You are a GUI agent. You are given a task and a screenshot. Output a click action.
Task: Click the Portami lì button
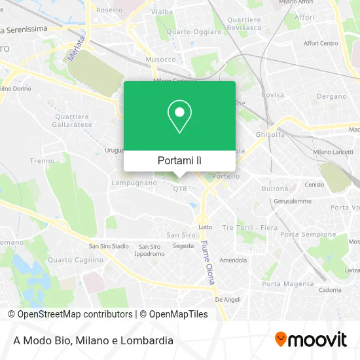click(x=179, y=160)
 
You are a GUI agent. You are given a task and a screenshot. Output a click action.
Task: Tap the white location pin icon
click(x=179, y=116)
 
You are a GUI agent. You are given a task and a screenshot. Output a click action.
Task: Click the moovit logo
click(x=310, y=340)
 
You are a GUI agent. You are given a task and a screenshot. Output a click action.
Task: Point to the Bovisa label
click(x=272, y=95)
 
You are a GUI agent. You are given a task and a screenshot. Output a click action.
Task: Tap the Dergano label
click(x=331, y=96)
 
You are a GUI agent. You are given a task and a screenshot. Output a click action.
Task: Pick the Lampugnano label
click(x=134, y=183)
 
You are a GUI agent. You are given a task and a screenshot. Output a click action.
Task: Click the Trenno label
click(x=42, y=160)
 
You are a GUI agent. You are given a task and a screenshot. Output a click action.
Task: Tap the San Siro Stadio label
click(x=109, y=247)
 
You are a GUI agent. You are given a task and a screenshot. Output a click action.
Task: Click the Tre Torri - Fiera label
click(x=249, y=227)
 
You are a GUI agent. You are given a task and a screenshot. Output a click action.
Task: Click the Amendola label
click(x=232, y=260)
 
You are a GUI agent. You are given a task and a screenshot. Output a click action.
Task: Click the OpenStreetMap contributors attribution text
click(x=70, y=314)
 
